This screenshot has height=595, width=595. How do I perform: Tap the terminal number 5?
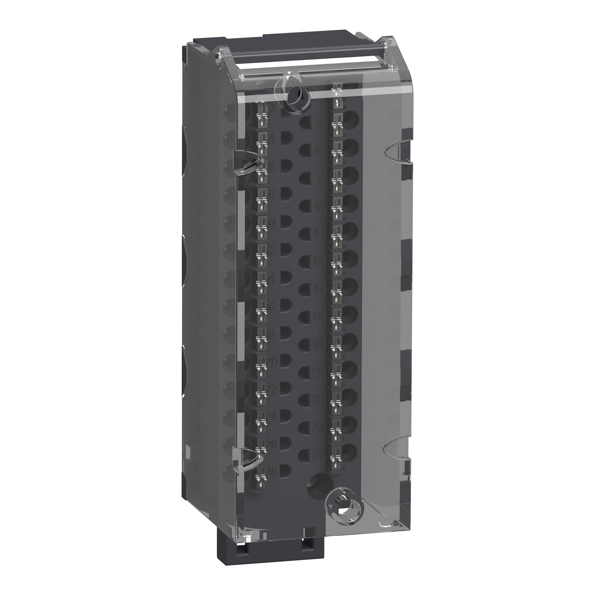pyautogui.click(x=318, y=152)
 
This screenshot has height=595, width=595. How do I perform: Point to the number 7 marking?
pyautogui.click(x=318, y=180)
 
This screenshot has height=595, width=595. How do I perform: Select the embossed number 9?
pyautogui.click(x=318, y=207)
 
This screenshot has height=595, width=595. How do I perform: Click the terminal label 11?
pyautogui.click(x=317, y=234)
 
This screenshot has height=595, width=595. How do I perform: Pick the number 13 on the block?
pyautogui.click(x=317, y=261)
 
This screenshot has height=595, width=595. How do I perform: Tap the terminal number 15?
pyautogui.click(x=317, y=290)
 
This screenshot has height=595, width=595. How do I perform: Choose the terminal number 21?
pyautogui.click(x=317, y=372)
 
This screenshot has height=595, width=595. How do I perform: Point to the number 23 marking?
pyautogui.click(x=317, y=399)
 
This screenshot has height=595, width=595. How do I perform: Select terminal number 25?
pyautogui.click(x=317, y=428)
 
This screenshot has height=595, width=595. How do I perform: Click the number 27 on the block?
pyautogui.click(x=317, y=455)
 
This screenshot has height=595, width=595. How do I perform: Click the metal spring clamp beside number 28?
pyautogui.click(x=262, y=480)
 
